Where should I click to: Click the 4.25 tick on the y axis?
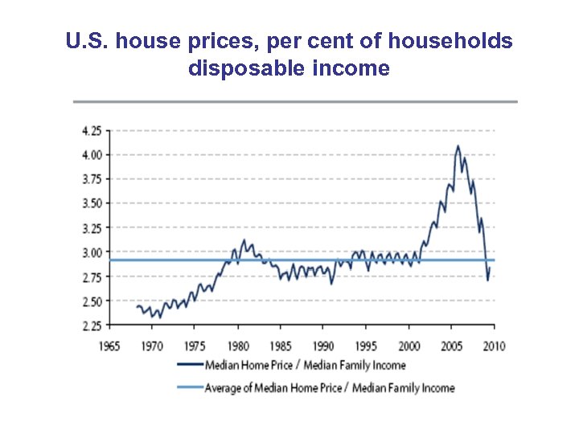91,129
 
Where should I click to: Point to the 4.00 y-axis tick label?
91,154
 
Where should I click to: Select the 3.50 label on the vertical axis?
91,203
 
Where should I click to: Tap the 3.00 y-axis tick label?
91,252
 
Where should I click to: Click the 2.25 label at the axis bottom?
91,325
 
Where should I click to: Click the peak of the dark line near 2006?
458,146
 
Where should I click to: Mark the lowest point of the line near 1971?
160,317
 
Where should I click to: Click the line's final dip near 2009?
487,280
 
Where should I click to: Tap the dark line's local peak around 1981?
244,240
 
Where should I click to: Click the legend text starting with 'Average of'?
331,387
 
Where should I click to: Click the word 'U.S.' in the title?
88,41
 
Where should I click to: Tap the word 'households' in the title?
458,41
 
